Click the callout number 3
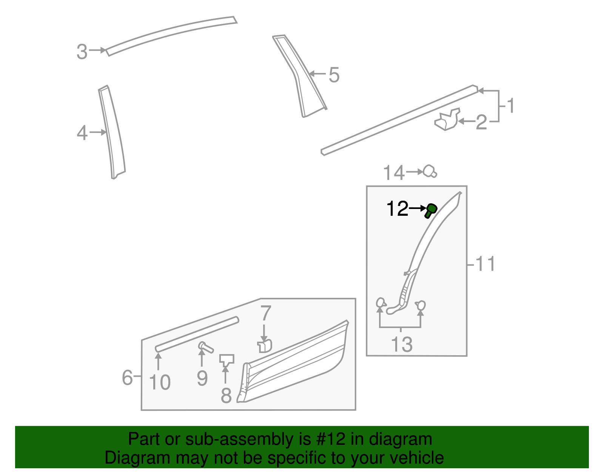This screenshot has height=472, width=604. [82, 52]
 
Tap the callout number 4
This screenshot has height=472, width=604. [82, 133]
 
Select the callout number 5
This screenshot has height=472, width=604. [334, 75]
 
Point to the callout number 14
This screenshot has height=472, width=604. [394, 173]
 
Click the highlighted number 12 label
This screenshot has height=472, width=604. [398, 209]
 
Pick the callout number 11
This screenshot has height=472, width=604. [485, 264]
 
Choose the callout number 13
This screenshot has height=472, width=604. [402, 344]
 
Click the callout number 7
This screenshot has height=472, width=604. [266, 313]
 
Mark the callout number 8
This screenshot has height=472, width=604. [226, 395]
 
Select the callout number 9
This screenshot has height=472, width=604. [202, 378]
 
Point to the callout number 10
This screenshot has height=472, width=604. [160, 382]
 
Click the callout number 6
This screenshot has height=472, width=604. [127, 378]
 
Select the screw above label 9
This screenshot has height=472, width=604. [205, 346]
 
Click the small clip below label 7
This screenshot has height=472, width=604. [265, 346]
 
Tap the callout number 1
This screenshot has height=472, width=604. [511, 106]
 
